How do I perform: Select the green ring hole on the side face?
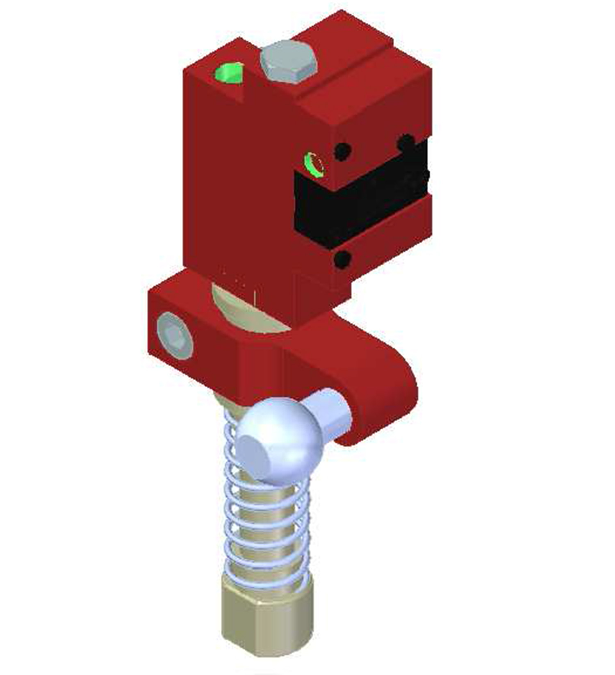(314, 164)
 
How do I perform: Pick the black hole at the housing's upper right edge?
(406, 142)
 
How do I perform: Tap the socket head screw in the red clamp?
(175, 335)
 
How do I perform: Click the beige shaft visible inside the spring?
(266, 533)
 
